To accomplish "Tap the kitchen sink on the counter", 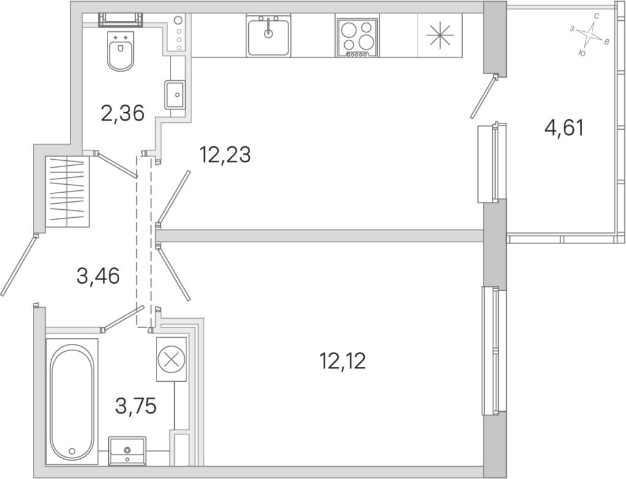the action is [268, 35].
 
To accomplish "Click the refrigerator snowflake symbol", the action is [440, 34].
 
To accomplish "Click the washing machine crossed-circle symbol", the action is [172, 359].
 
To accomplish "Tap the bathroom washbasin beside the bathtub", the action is [127, 451].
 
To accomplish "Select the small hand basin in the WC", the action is [175, 94].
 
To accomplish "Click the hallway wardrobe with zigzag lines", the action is [67, 191].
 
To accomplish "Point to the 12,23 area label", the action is [226, 155].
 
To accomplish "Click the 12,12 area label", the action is [343, 362].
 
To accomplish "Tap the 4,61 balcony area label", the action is [564, 128].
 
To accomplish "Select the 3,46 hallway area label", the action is [98, 276].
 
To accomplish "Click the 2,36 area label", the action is [122, 113].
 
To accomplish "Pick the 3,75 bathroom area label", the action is [136, 406].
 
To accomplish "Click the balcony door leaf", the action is [484, 97].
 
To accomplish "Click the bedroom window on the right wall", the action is [494, 351].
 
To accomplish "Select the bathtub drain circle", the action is [72, 451].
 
